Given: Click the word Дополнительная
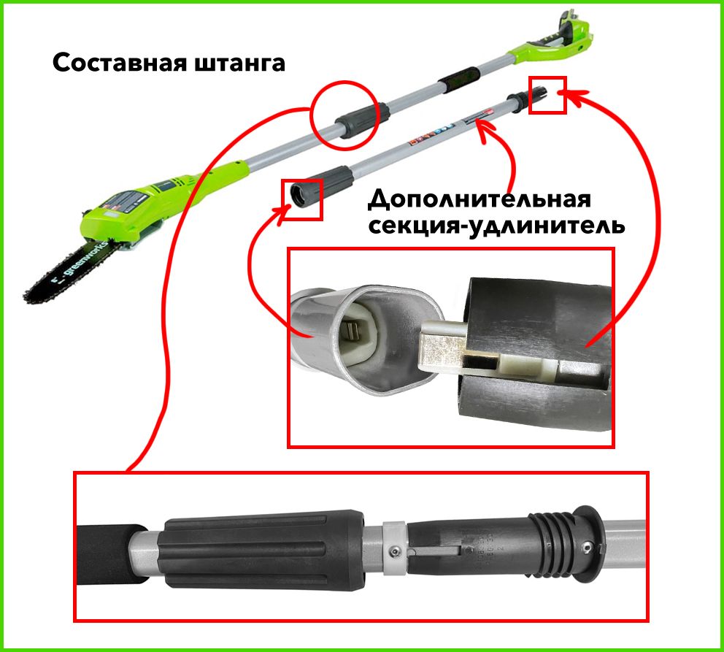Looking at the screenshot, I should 479,199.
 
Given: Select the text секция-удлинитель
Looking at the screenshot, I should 497,225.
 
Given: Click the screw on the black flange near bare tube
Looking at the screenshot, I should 587,545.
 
